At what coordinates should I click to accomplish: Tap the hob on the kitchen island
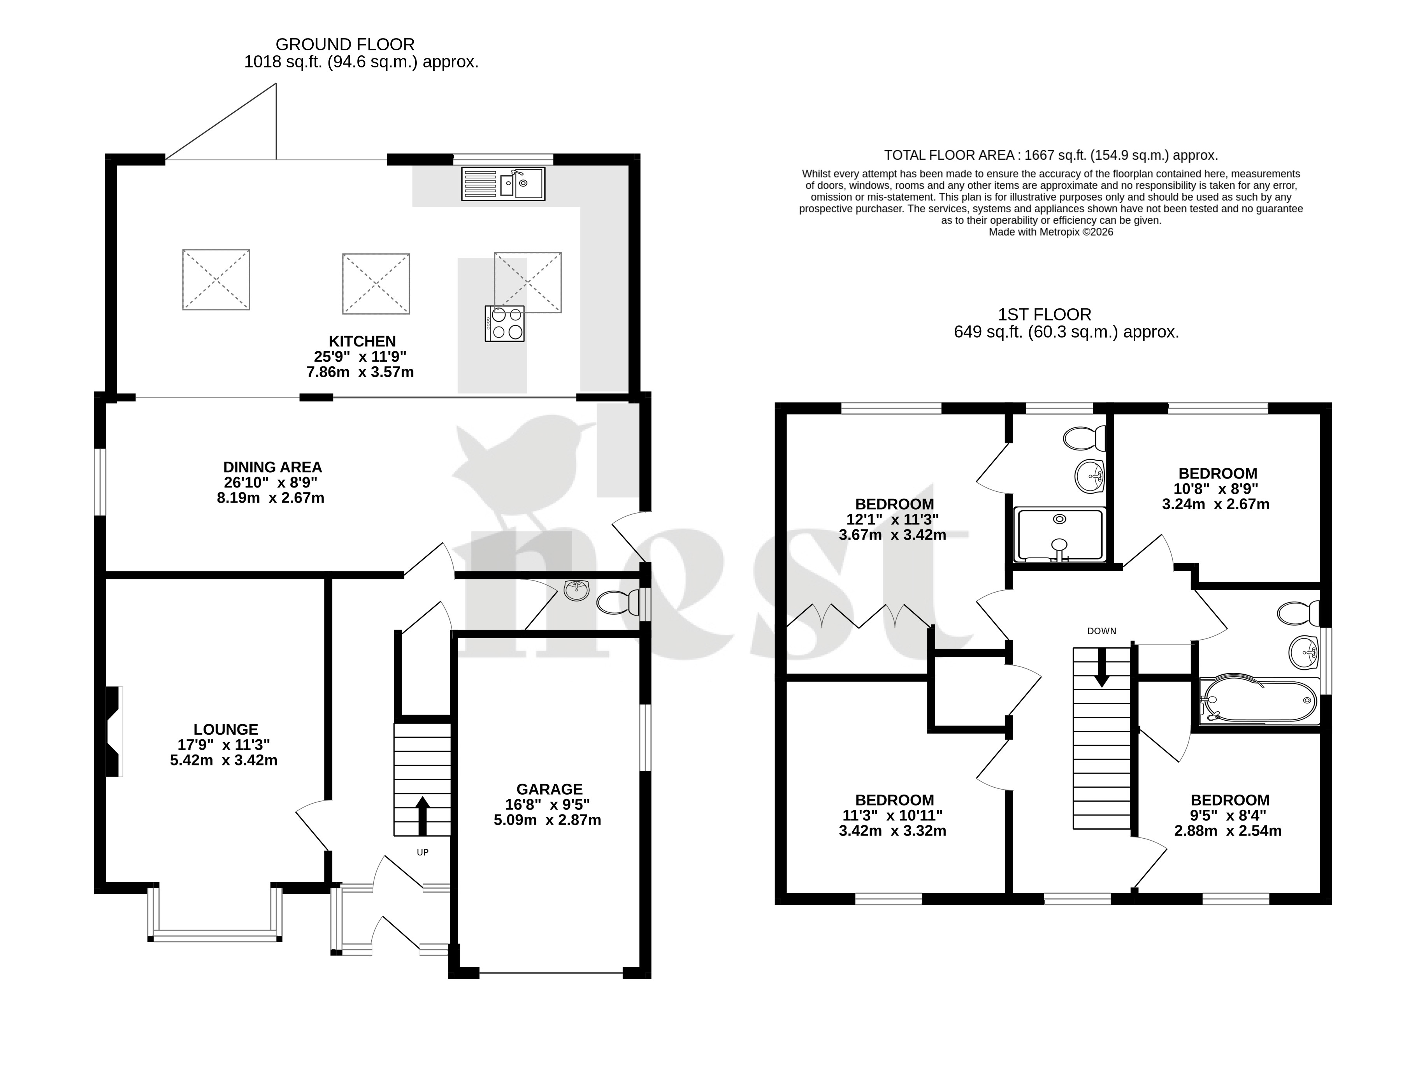[505, 323]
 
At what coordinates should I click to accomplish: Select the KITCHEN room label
[362, 341]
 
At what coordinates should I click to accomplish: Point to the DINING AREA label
[272, 467]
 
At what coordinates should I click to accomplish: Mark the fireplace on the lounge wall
[114, 731]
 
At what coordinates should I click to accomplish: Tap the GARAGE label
[549, 789]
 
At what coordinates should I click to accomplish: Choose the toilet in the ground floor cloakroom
[618, 603]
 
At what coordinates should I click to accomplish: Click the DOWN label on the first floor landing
[1102, 631]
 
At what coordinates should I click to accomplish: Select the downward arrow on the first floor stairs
[1102, 667]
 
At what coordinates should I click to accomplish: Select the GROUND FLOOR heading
[345, 44]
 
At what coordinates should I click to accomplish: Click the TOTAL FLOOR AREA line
[1051, 155]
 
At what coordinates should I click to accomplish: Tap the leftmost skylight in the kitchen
[216, 279]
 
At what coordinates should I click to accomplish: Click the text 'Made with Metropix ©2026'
[1051, 232]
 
